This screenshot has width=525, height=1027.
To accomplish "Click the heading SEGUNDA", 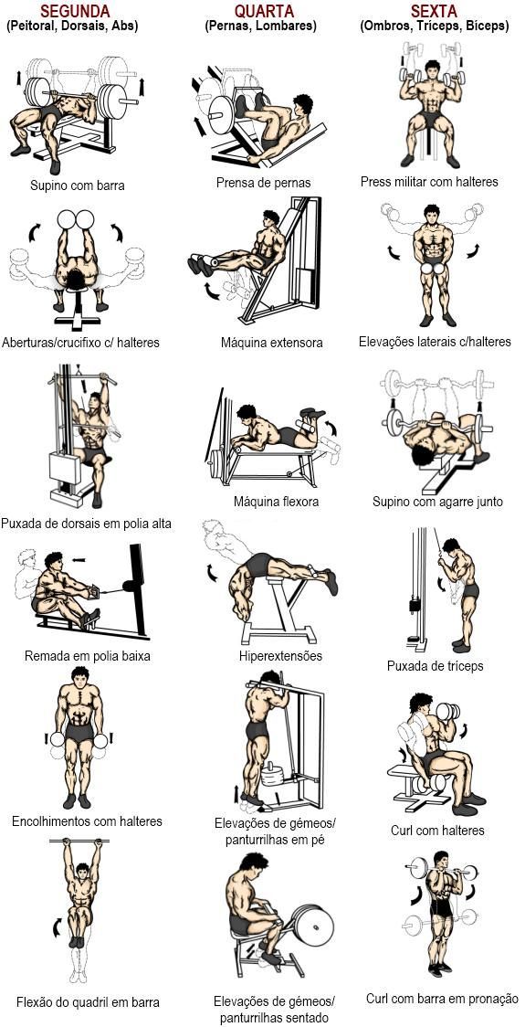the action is (x=75, y=11).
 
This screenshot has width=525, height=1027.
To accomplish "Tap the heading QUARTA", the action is (x=265, y=11).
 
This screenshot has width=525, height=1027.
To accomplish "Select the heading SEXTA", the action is (x=433, y=11).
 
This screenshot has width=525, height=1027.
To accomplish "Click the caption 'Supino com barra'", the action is (x=78, y=185).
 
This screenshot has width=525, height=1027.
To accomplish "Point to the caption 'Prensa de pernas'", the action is (x=263, y=182).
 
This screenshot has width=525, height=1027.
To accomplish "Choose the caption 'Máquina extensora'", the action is (x=272, y=343).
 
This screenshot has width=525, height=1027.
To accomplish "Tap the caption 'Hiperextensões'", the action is (x=280, y=656).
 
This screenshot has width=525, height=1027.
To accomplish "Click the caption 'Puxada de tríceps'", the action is (x=435, y=666).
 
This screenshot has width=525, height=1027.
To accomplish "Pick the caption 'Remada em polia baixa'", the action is (x=88, y=656).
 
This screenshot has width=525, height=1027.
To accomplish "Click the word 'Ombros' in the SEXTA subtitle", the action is (x=387, y=26).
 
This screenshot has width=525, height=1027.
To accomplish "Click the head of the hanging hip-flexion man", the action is (x=81, y=872).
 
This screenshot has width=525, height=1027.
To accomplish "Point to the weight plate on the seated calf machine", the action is (x=313, y=926).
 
